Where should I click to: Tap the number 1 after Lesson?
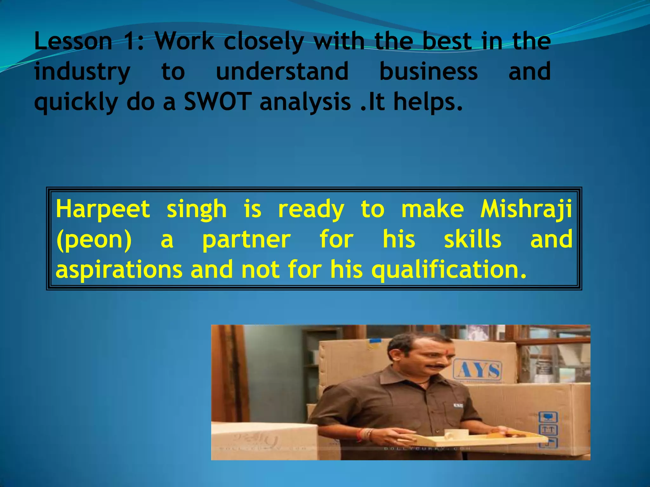pos(130,41)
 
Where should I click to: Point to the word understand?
pos(282,71)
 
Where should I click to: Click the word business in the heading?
pos(428,71)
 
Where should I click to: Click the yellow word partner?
pos(247,239)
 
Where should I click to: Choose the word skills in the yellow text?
pos(472,239)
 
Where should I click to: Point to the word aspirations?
pos(119,269)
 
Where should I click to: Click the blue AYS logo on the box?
pos(478,371)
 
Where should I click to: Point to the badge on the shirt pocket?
pos(458,405)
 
